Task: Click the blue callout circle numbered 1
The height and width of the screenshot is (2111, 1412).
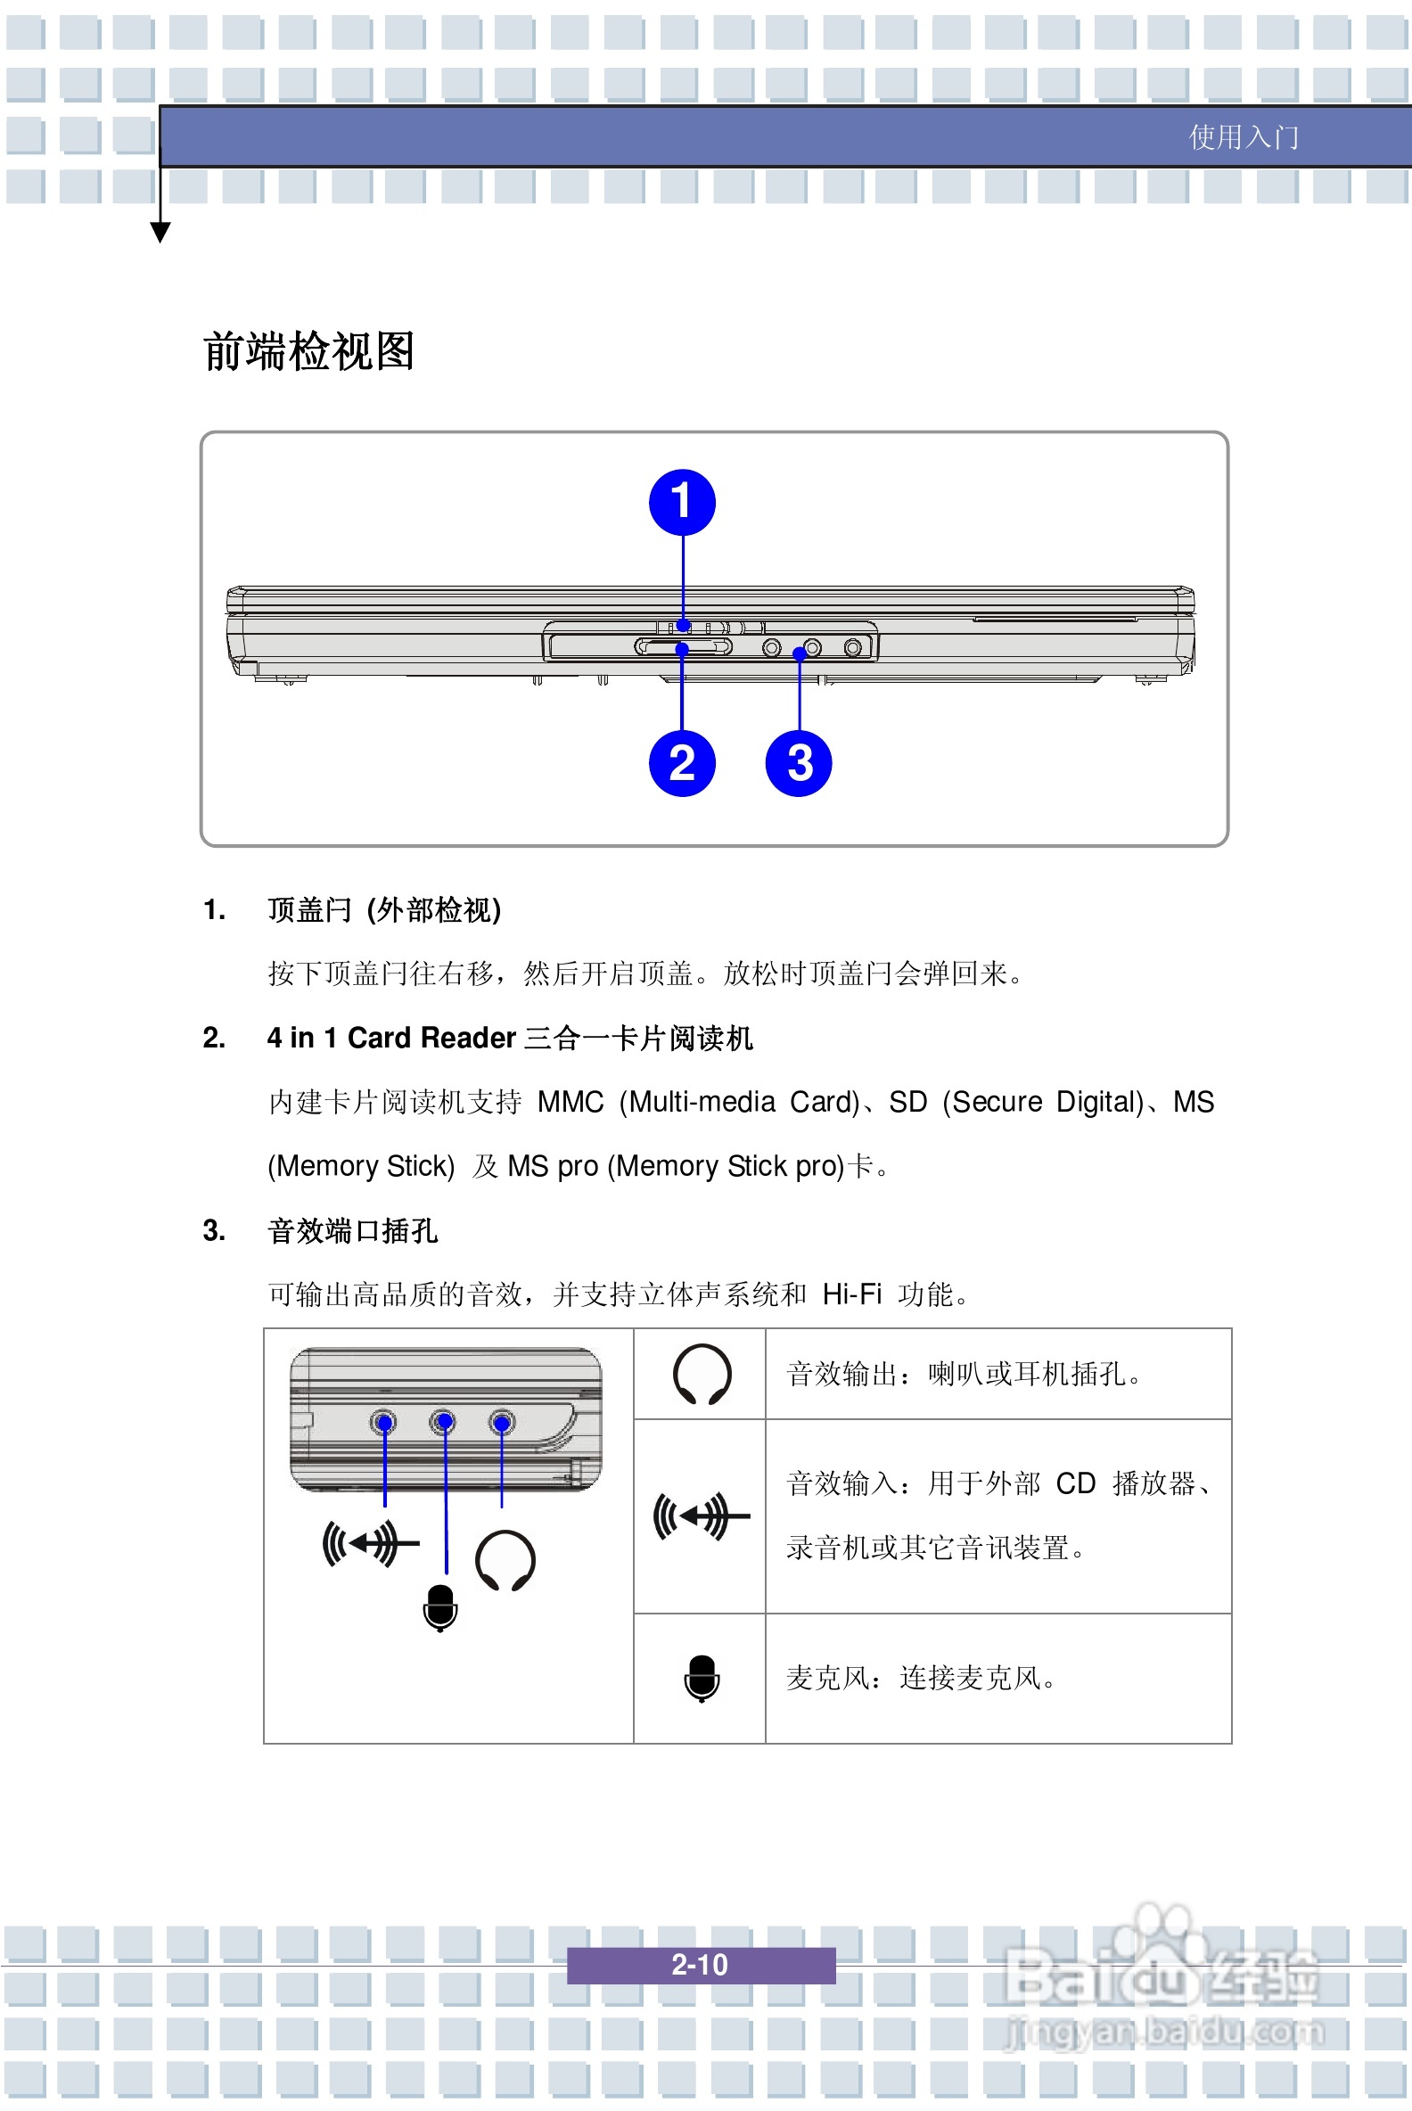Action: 682,502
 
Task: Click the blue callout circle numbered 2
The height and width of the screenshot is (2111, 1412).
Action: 682,763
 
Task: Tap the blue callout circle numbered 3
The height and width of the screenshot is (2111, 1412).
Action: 798,763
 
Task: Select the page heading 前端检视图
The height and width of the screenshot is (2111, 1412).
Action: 308,351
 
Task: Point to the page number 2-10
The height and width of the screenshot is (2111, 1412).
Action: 700,1963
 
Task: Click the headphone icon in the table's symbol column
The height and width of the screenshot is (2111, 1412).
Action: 702,1374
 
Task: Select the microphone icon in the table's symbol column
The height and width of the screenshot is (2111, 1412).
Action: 702,1677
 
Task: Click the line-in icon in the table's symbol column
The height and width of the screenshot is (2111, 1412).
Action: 701,1515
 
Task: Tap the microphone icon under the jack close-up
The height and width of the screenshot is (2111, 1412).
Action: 439,1606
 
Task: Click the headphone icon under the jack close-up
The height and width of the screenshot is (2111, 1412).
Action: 505,1560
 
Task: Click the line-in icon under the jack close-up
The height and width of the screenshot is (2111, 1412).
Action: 370,1543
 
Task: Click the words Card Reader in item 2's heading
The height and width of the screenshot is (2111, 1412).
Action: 431,1038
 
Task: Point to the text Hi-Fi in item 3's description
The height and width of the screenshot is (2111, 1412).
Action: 851,1294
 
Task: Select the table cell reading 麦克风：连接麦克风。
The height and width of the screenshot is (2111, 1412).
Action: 920,1678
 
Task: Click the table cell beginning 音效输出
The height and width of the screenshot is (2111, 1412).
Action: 964,1374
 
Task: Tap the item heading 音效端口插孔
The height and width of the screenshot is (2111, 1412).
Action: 352,1230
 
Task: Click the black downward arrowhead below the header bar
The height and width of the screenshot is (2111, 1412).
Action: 160,233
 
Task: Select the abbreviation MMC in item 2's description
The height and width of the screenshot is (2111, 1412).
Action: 570,1102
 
